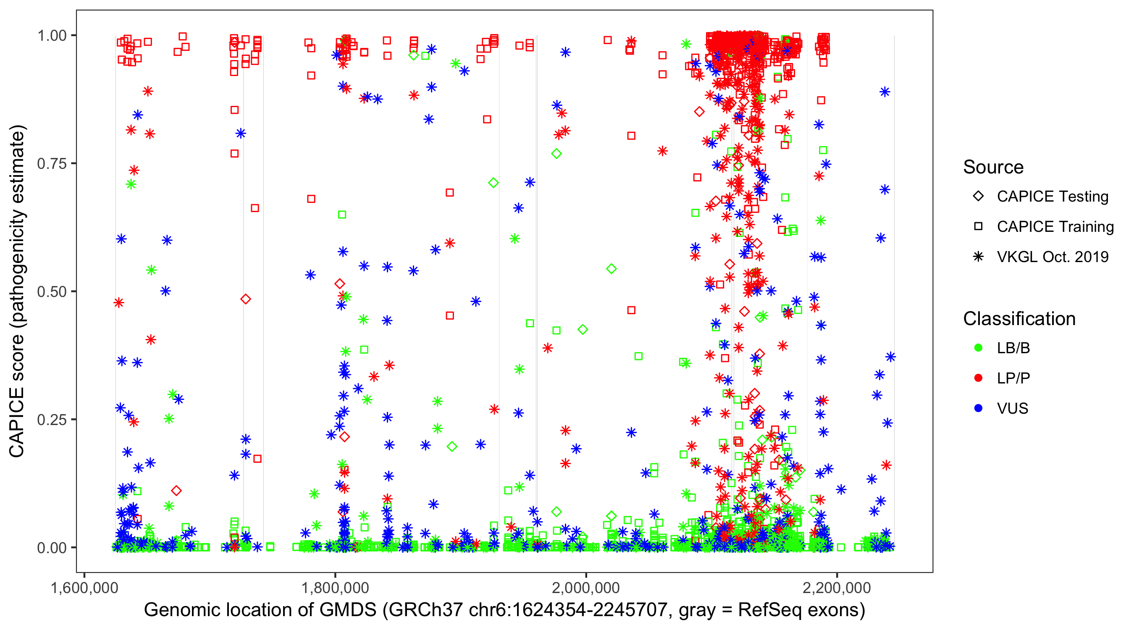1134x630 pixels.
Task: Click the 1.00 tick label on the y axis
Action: (x=52, y=36)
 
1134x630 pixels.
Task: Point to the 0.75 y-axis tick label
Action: (x=52, y=164)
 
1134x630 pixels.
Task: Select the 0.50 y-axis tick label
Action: (x=52, y=292)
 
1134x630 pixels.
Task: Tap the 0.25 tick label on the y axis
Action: (x=52, y=420)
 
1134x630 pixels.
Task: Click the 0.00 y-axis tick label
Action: (x=52, y=548)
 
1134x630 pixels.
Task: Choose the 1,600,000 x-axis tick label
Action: (x=84, y=588)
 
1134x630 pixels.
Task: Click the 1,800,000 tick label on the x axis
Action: (x=336, y=588)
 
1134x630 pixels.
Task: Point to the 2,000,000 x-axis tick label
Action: (x=586, y=588)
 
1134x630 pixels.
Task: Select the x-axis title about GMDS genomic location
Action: (x=504, y=610)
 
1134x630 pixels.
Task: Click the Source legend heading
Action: (x=993, y=167)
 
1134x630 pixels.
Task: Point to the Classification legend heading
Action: (x=1019, y=319)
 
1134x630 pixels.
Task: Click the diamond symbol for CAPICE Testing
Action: (x=978, y=197)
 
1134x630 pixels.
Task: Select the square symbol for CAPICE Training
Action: (x=978, y=227)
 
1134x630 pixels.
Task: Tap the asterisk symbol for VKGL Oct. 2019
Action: (x=978, y=257)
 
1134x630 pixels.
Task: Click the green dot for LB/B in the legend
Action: (x=978, y=348)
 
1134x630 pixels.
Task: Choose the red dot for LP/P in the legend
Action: (x=978, y=378)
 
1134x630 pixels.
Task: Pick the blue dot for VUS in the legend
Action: (x=978, y=408)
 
